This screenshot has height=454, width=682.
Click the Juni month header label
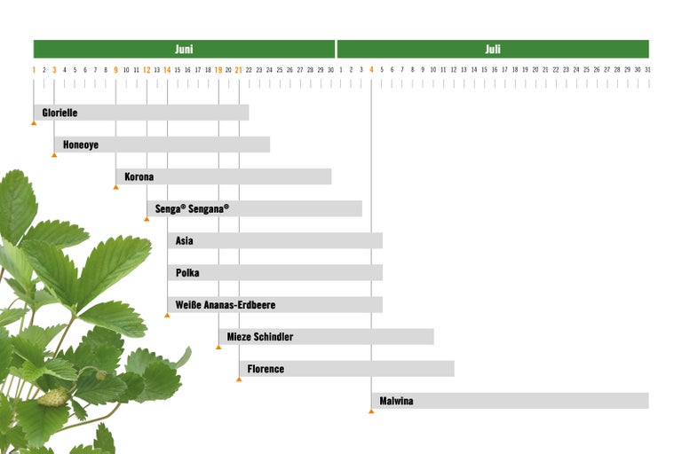[x=184, y=50]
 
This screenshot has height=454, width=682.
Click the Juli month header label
[x=493, y=50]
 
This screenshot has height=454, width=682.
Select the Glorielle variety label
[x=59, y=113]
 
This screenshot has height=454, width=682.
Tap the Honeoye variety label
[x=81, y=145]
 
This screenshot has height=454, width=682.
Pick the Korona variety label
[x=139, y=176]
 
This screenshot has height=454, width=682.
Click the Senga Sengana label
[x=192, y=209]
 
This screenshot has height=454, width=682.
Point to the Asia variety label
[x=185, y=241]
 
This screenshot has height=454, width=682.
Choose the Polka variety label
[x=187, y=273]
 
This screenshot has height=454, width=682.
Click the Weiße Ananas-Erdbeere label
[x=226, y=305]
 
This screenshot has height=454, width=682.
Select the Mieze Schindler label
[x=259, y=337]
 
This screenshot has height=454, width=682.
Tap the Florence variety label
[x=266, y=369]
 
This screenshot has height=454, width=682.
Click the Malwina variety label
[x=396, y=401]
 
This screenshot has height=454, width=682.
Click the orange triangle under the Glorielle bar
[x=34, y=122]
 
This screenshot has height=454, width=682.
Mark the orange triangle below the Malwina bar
[x=371, y=411]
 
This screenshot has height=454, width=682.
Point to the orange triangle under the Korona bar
[x=115, y=187]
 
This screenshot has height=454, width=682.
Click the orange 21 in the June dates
[x=238, y=69]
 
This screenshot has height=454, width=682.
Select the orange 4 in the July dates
[x=371, y=69]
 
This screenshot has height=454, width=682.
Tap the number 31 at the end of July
[x=648, y=69]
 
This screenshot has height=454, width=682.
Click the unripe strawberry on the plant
[x=53, y=396]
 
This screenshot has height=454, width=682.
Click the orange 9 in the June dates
[x=115, y=69]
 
